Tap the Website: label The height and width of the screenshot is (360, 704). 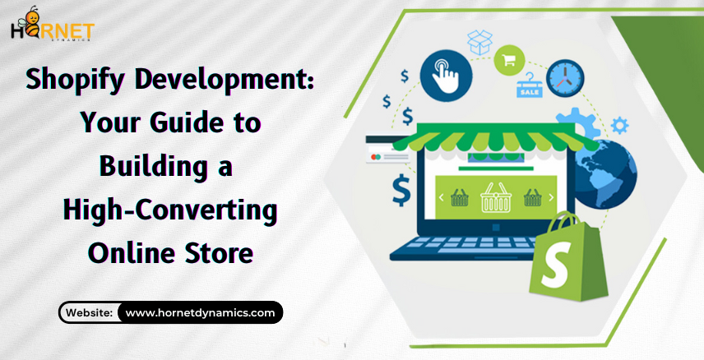pos(89,312)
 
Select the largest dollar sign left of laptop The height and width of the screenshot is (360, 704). pos(401,190)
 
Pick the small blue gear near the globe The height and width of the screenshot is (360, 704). pos(619,125)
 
